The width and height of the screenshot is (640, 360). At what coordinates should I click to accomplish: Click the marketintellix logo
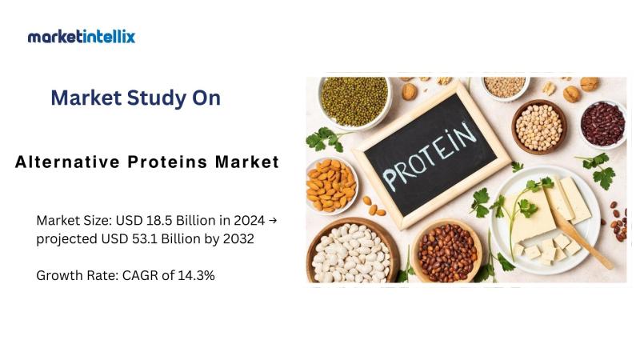pos(82,37)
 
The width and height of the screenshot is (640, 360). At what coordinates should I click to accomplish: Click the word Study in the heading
pos(154,98)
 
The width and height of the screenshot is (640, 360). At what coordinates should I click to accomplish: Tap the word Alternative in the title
pos(67,162)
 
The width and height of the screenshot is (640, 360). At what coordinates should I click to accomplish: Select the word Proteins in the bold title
pos(167,162)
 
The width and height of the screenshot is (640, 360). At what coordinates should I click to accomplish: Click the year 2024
pos(249,221)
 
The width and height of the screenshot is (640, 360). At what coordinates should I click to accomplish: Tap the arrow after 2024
pos(273,221)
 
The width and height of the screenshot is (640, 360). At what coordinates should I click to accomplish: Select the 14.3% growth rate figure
pos(196,275)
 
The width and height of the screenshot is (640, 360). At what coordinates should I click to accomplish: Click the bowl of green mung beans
pos(354,102)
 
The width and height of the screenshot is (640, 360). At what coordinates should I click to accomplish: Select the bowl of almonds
pos(330,186)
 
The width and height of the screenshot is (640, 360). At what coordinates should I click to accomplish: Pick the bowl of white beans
pos(352,252)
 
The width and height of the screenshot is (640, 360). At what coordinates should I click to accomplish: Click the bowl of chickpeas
pos(539,127)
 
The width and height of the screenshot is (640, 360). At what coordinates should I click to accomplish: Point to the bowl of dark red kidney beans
pos(603,124)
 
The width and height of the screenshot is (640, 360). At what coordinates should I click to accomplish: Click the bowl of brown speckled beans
pos(446,252)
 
